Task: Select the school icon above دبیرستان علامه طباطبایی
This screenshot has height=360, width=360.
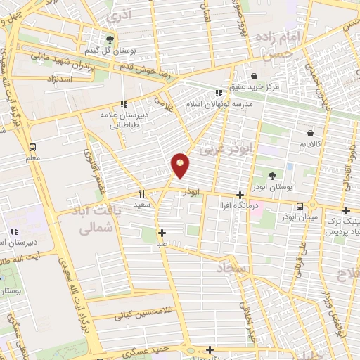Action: pos(124,105)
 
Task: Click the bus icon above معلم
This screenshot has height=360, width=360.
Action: pos(32,148)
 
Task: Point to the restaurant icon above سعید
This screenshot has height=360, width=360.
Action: pos(142,193)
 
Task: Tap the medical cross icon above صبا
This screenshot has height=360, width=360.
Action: pos(162,233)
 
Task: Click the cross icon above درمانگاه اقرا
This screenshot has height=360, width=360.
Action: pos(240,195)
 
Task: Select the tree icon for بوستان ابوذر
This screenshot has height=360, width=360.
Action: pos(272,176)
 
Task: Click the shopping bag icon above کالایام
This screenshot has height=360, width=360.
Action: pos(310,131)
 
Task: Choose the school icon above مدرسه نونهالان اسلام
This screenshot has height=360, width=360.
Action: pos(219,93)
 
